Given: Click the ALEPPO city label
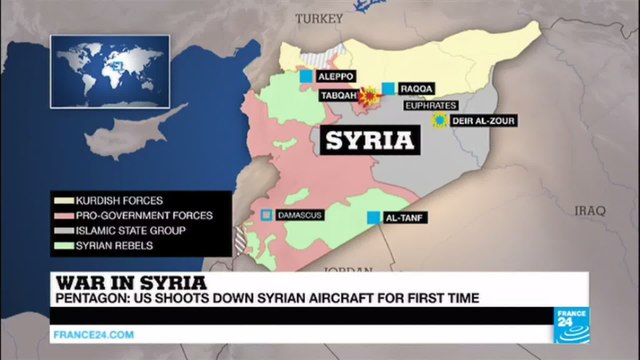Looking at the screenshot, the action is pos(337,75).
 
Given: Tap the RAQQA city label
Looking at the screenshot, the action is pos(418,87).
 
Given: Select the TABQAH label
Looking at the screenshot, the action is pos(337,96).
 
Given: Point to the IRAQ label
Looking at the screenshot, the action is pos(591,210).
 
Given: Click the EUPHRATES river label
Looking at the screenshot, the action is pos(428,103).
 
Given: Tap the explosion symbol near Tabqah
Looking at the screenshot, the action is pos(369,97).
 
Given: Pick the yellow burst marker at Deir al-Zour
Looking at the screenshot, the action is pos(438,121).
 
